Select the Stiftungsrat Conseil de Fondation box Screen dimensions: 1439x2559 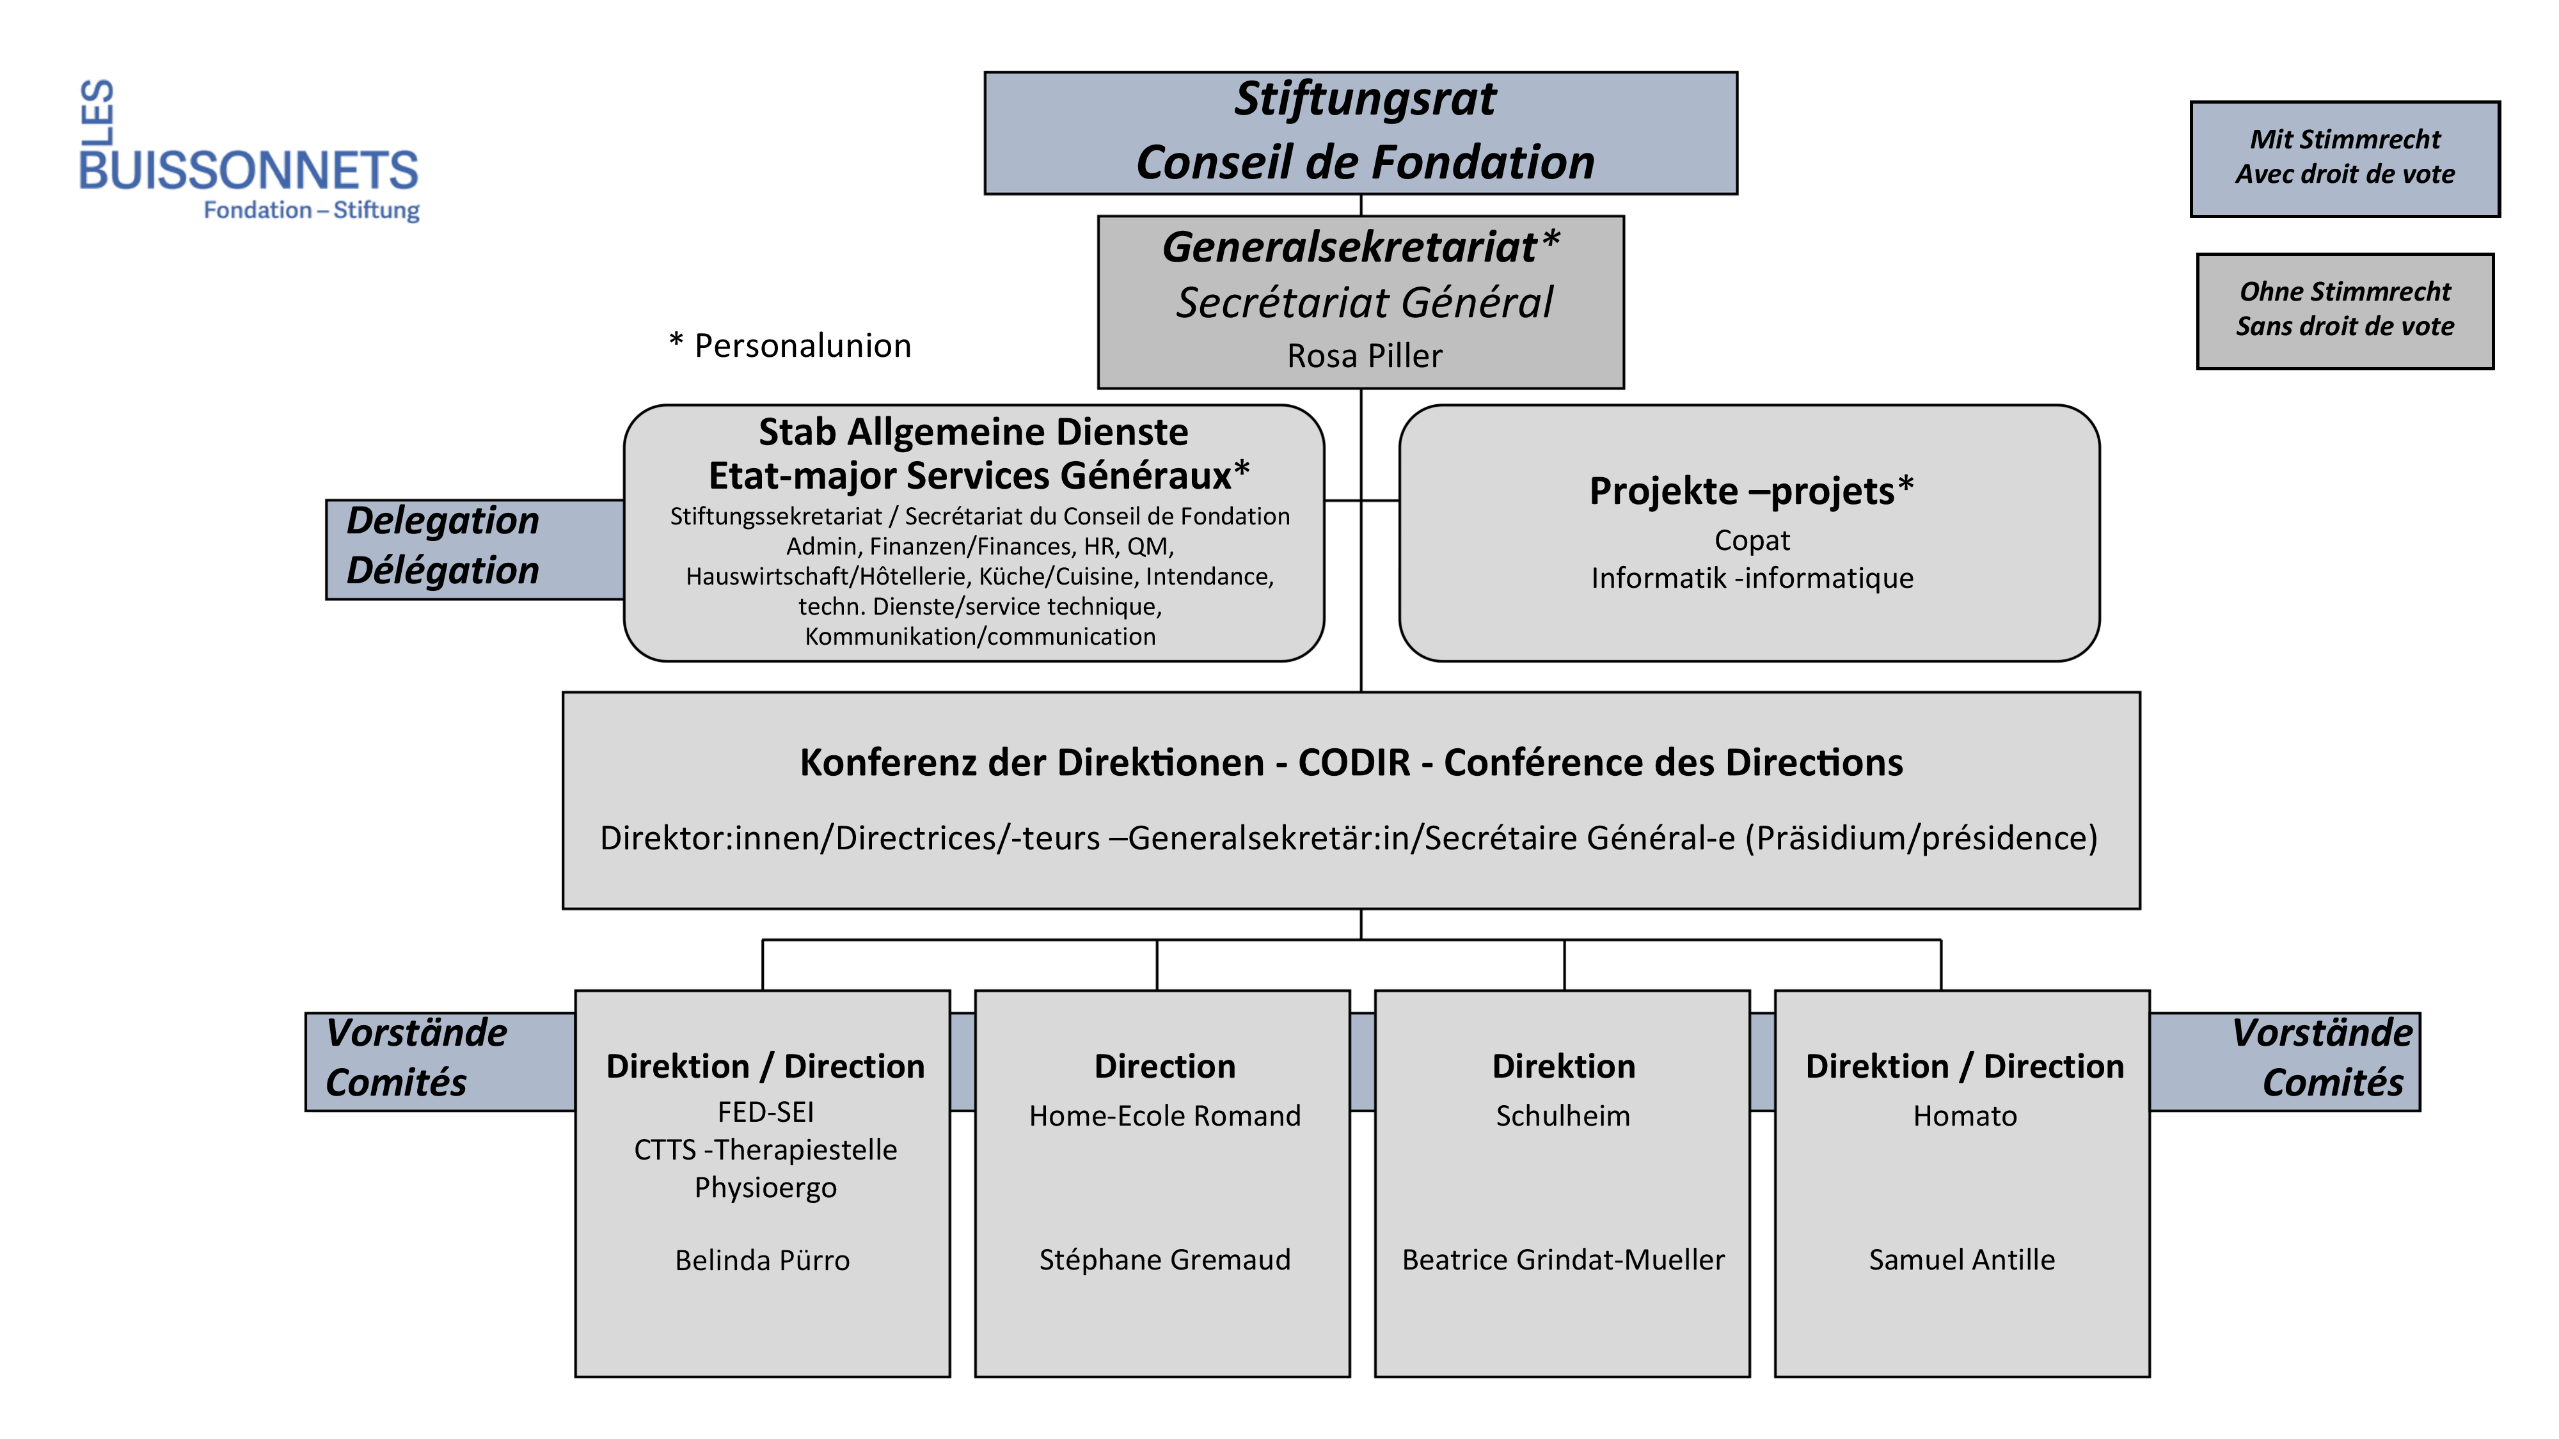click(1360, 132)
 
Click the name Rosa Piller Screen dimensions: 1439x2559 click(1364, 356)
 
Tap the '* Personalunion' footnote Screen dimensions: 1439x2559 click(789, 345)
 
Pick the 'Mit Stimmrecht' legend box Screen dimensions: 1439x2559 click(2345, 158)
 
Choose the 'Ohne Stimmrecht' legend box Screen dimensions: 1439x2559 click(2345, 310)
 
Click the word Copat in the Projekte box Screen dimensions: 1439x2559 click(1752, 540)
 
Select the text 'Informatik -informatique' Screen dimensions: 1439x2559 click(1752, 578)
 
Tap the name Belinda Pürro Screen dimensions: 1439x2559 click(762, 1260)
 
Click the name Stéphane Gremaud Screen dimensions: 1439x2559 click(1164, 1259)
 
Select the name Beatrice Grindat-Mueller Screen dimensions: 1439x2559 click(1563, 1259)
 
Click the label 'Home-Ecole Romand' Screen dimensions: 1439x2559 click(1164, 1116)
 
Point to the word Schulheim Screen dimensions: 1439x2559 click(1563, 1116)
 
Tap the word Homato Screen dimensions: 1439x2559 click(1964, 1116)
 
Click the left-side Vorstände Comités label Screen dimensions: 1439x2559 click(417, 1058)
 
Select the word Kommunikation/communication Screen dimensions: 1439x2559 click(979, 636)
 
